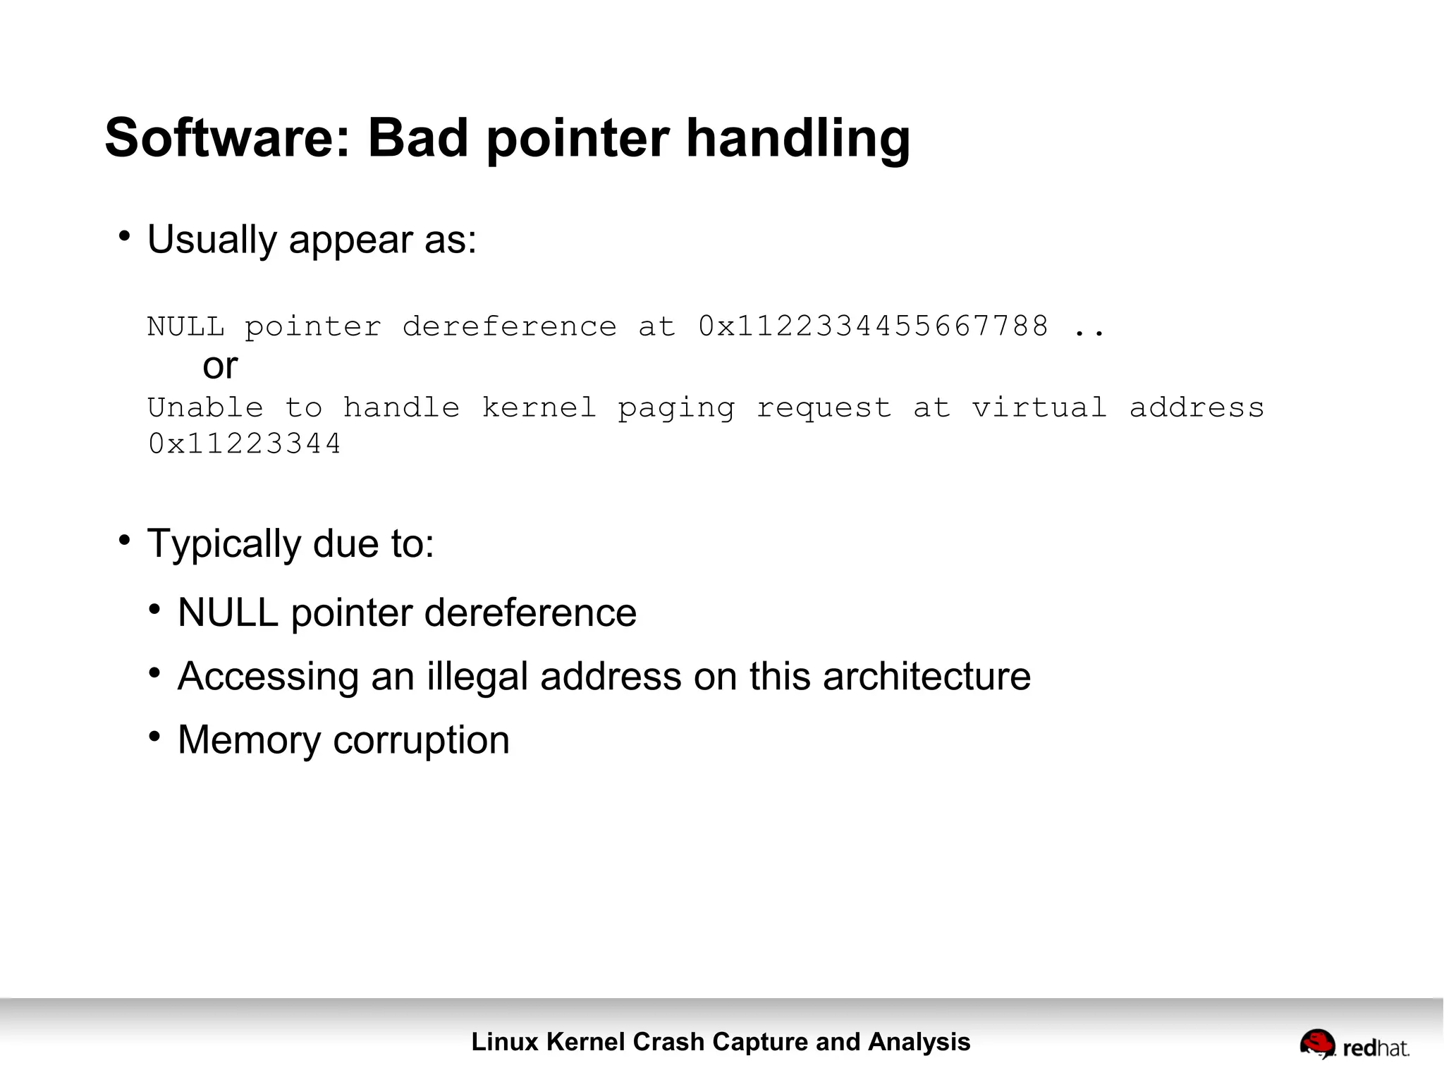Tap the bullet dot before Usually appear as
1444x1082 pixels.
(x=125, y=236)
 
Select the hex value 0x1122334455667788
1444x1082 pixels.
(x=873, y=326)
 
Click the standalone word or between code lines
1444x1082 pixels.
(x=220, y=366)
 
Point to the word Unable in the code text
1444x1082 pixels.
(x=205, y=407)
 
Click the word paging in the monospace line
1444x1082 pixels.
(x=675, y=409)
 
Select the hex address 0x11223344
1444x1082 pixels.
(x=245, y=444)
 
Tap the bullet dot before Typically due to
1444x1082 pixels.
(x=125, y=541)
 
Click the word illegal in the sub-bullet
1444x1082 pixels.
(x=477, y=676)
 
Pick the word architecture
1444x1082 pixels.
(x=926, y=676)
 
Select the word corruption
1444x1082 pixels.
(x=421, y=740)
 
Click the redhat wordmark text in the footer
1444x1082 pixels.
(x=1376, y=1048)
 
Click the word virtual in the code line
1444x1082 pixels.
(x=1039, y=407)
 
